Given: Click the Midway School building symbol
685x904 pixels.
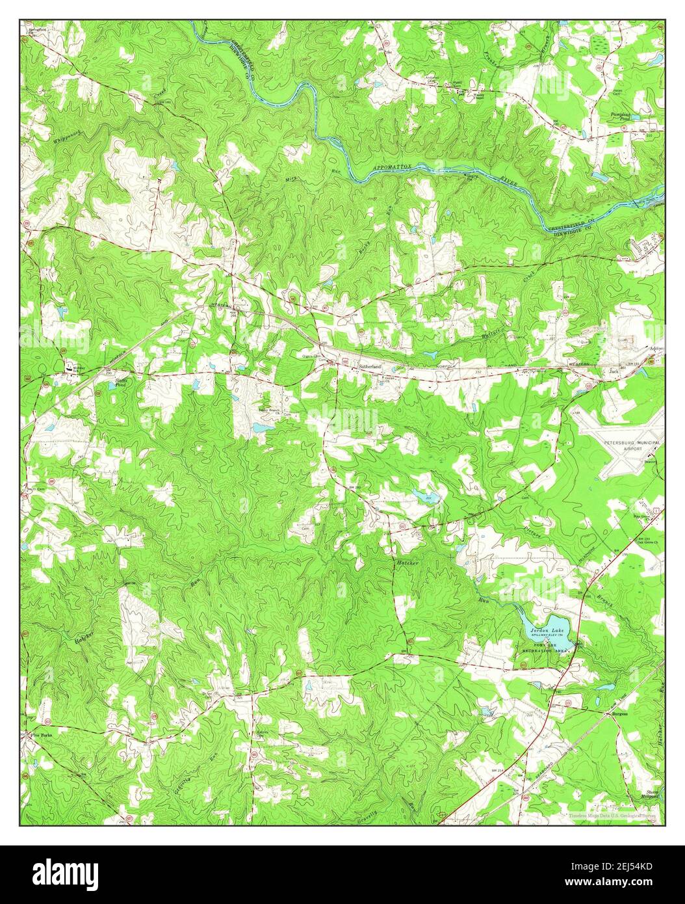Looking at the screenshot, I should pyautogui.click(x=69, y=369).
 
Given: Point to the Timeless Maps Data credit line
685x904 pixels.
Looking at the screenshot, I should pyautogui.click(x=612, y=815).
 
